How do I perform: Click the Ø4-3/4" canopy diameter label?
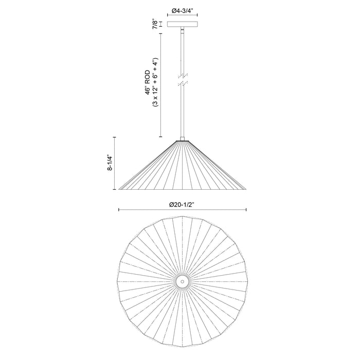pyautogui.click(x=182, y=10)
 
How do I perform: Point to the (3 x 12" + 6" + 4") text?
pyautogui.click(x=155, y=82)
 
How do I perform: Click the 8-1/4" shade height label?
pyautogui.click(x=110, y=163)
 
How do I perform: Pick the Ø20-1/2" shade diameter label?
pyautogui.click(x=182, y=205)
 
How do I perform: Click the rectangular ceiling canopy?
pyautogui.click(x=182, y=24)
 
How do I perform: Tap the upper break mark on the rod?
pyautogui.click(x=183, y=76)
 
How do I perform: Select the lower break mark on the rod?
pyautogui.click(x=183, y=83)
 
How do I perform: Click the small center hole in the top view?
pyautogui.click(x=182, y=281)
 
